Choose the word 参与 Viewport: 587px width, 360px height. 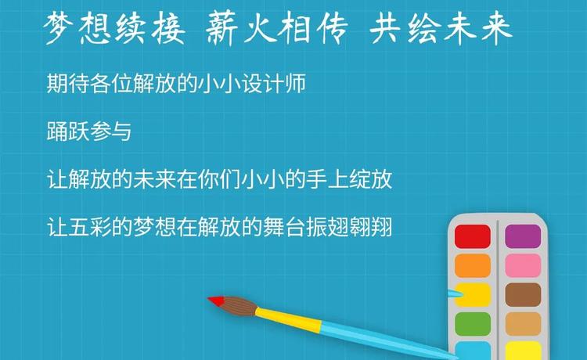coord(110,131)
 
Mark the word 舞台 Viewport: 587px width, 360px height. coord(284,227)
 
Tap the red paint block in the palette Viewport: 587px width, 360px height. coord(473,236)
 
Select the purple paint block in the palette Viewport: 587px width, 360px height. coord(523,236)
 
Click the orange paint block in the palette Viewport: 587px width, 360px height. coord(473,266)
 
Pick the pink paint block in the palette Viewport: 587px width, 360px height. coord(523,266)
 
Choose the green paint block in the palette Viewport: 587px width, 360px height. coord(473,324)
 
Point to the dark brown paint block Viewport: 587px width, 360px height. coord(523,295)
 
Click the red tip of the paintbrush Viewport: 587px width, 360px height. coord(216,301)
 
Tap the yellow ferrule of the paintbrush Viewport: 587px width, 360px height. coord(288,319)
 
